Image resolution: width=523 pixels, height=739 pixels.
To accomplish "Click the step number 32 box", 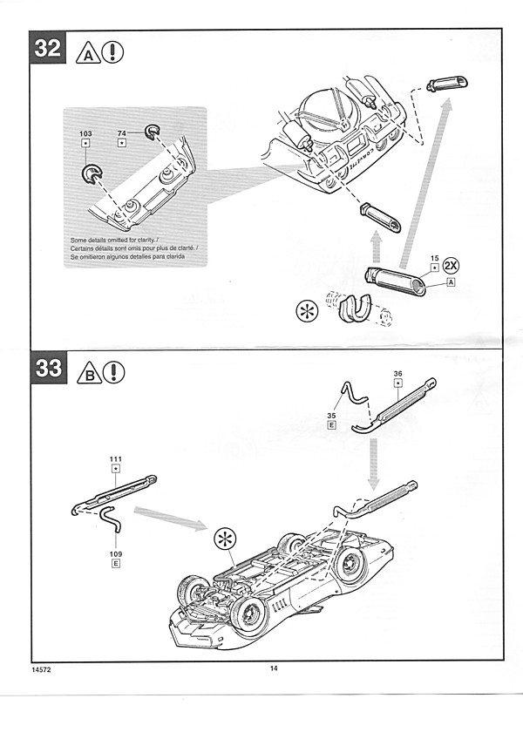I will coord(47,49).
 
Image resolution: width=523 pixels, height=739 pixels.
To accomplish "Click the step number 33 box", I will coord(48,368).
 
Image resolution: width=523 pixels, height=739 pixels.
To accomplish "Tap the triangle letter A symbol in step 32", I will coord(89,53).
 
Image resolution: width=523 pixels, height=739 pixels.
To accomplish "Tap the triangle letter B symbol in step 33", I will coord(89,375).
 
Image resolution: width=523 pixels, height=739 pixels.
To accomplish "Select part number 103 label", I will coord(85,134).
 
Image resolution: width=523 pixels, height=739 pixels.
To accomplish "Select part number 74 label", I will coord(123,134).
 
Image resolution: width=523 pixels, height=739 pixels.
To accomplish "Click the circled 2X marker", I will coord(452,265).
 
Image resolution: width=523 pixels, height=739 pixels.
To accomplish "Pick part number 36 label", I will coord(398,374).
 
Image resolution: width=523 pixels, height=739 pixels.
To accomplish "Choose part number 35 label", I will coord(331,416).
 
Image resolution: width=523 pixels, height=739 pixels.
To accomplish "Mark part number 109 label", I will coord(116,553).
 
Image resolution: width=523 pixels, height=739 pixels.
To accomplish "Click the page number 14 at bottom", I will coord(273,668).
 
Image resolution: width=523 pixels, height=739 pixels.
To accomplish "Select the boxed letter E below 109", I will coord(116,565).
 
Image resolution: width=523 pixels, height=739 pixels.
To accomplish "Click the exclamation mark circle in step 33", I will coord(113,373).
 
